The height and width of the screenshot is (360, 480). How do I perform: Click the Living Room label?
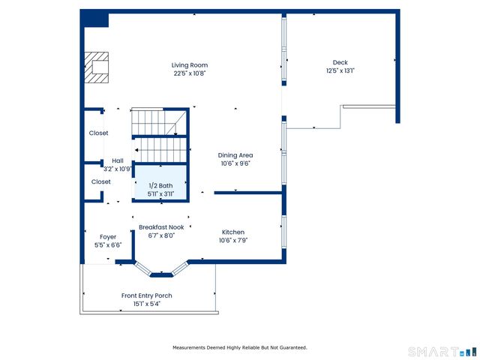click(x=190, y=65)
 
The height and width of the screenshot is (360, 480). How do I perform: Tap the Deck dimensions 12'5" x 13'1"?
click(x=340, y=70)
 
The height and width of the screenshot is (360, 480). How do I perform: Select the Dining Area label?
click(x=235, y=155)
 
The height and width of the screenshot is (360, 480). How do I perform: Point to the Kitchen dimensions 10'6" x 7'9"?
click(x=233, y=240)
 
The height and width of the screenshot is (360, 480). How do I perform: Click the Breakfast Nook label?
click(x=161, y=227)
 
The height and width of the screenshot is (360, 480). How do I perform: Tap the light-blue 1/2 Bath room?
click(x=160, y=182)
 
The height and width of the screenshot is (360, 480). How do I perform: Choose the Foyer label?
click(x=108, y=237)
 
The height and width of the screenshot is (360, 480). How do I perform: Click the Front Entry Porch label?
click(x=147, y=295)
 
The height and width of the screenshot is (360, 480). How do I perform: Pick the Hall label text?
click(x=118, y=160)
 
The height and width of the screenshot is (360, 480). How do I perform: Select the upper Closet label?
click(x=98, y=133)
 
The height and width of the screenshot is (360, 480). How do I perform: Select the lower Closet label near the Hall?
click(x=101, y=181)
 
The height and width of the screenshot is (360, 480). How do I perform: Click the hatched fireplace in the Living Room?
click(x=97, y=67)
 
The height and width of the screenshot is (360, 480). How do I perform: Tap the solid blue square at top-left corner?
click(x=94, y=18)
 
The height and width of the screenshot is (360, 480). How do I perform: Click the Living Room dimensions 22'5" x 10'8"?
click(x=190, y=73)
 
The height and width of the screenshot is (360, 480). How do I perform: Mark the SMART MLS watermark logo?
click(x=442, y=352)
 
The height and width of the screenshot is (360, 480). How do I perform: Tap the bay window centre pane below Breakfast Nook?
click(x=162, y=274)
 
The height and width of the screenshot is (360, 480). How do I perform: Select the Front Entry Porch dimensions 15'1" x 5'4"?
click(x=147, y=304)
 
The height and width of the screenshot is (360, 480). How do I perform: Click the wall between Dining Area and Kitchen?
click(x=248, y=193)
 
